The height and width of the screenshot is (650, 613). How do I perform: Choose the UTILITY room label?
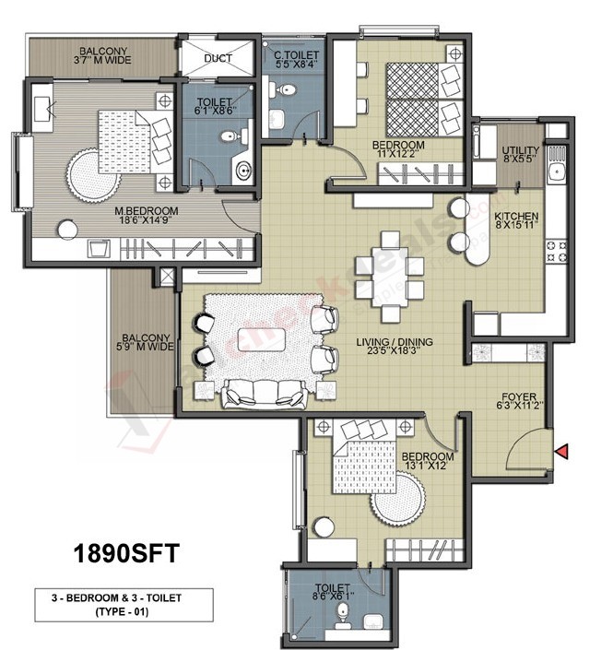pyautogui.click(x=520, y=151)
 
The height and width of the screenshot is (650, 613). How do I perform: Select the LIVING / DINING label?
pyautogui.click(x=395, y=343)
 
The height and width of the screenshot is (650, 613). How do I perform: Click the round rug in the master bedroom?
pyautogui.click(x=94, y=174)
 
